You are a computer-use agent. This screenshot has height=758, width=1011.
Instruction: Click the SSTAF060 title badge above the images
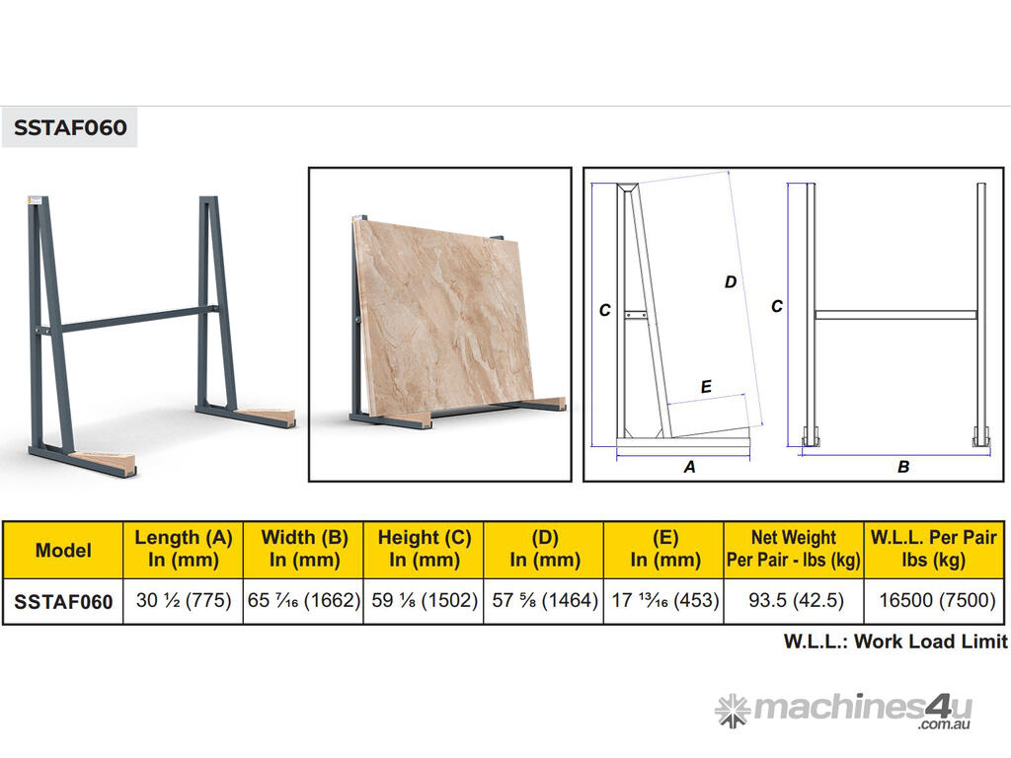[70, 127]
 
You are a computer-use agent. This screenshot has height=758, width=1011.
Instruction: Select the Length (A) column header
[183, 549]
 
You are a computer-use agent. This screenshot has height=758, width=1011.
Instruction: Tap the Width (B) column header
[304, 549]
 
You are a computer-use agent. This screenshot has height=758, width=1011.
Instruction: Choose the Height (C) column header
[424, 549]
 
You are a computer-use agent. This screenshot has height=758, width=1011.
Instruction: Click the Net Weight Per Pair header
[794, 549]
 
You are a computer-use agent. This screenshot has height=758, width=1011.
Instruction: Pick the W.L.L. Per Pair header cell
[934, 549]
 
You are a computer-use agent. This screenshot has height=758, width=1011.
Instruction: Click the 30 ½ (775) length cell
[183, 601]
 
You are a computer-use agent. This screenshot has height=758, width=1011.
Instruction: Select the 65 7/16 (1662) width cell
[304, 601]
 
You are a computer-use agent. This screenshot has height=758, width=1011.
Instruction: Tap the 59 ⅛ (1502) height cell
[424, 601]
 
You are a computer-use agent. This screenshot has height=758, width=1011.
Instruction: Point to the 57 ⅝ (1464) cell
[544, 601]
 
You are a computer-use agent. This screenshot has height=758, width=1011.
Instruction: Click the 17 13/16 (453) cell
[664, 601]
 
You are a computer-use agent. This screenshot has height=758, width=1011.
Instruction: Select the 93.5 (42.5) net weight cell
[796, 601]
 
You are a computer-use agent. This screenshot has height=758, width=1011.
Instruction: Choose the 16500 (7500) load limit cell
[937, 601]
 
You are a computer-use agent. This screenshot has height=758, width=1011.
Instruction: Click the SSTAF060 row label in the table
[63, 602]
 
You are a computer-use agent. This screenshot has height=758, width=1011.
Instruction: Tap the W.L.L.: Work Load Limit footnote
[894, 642]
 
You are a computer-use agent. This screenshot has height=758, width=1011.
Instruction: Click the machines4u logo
[844, 711]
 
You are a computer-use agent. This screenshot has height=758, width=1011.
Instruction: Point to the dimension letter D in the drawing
[730, 282]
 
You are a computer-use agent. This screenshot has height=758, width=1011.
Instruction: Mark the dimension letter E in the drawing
[706, 387]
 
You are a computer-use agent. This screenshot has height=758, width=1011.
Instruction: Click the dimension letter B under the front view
[903, 467]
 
